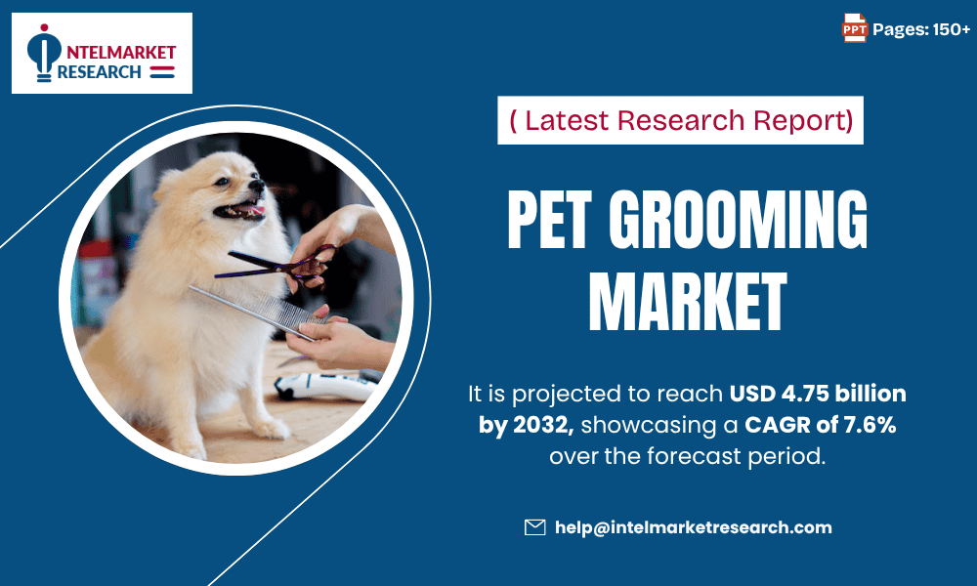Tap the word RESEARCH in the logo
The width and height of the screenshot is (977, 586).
[100, 71]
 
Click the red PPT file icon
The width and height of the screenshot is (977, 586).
[855, 29]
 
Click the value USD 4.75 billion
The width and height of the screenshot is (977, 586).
[818, 395]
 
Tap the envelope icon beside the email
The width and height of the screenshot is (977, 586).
[534, 527]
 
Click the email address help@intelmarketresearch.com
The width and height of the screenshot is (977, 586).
[693, 527]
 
